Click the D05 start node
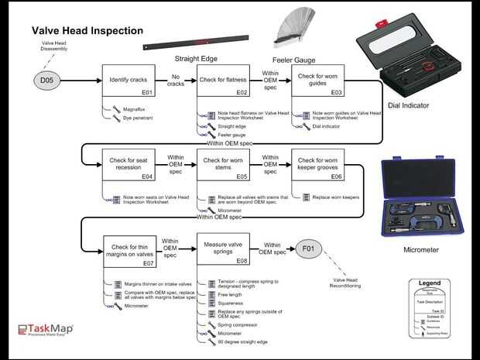[43, 80]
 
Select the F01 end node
[309, 249]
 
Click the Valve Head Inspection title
[87, 31]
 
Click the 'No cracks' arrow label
[175, 80]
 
